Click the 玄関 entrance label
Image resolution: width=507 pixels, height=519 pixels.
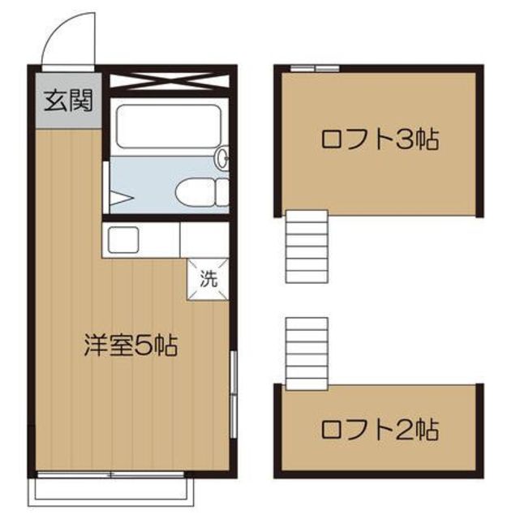[x=68, y=100]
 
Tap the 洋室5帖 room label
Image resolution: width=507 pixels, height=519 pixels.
[x=131, y=345]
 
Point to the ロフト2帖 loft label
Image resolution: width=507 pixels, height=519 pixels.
[x=380, y=429]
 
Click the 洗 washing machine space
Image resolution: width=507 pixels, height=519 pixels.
[x=208, y=279]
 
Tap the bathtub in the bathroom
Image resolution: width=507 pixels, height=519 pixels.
[x=169, y=127]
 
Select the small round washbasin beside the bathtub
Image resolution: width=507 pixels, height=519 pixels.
[x=222, y=157]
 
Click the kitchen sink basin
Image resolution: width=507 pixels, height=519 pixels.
[x=123, y=240]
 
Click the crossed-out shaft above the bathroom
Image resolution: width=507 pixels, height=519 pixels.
[x=169, y=81]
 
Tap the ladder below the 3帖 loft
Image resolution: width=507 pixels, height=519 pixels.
[x=307, y=247]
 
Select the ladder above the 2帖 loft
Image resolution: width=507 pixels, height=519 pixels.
[x=307, y=354]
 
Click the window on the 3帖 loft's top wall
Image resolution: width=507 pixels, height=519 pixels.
[x=315, y=68]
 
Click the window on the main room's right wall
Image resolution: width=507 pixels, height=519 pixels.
[x=234, y=395]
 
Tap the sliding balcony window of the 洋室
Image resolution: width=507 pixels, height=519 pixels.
[x=110, y=475]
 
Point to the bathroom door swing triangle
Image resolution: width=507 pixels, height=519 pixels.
[x=122, y=199]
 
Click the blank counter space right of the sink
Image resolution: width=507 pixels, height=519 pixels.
[x=204, y=240]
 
